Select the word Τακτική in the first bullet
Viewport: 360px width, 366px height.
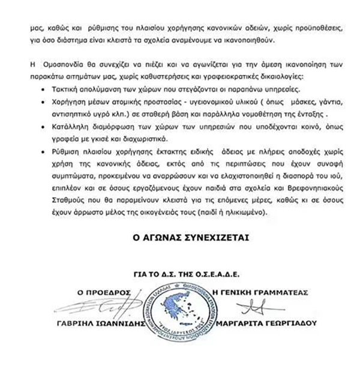67,88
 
